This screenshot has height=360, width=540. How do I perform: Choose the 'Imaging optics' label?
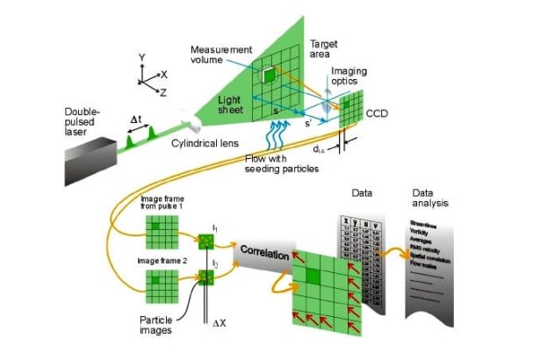[x=349, y=76]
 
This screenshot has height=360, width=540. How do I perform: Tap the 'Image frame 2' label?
[x=164, y=261]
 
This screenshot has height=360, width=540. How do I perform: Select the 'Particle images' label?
[x=162, y=327]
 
